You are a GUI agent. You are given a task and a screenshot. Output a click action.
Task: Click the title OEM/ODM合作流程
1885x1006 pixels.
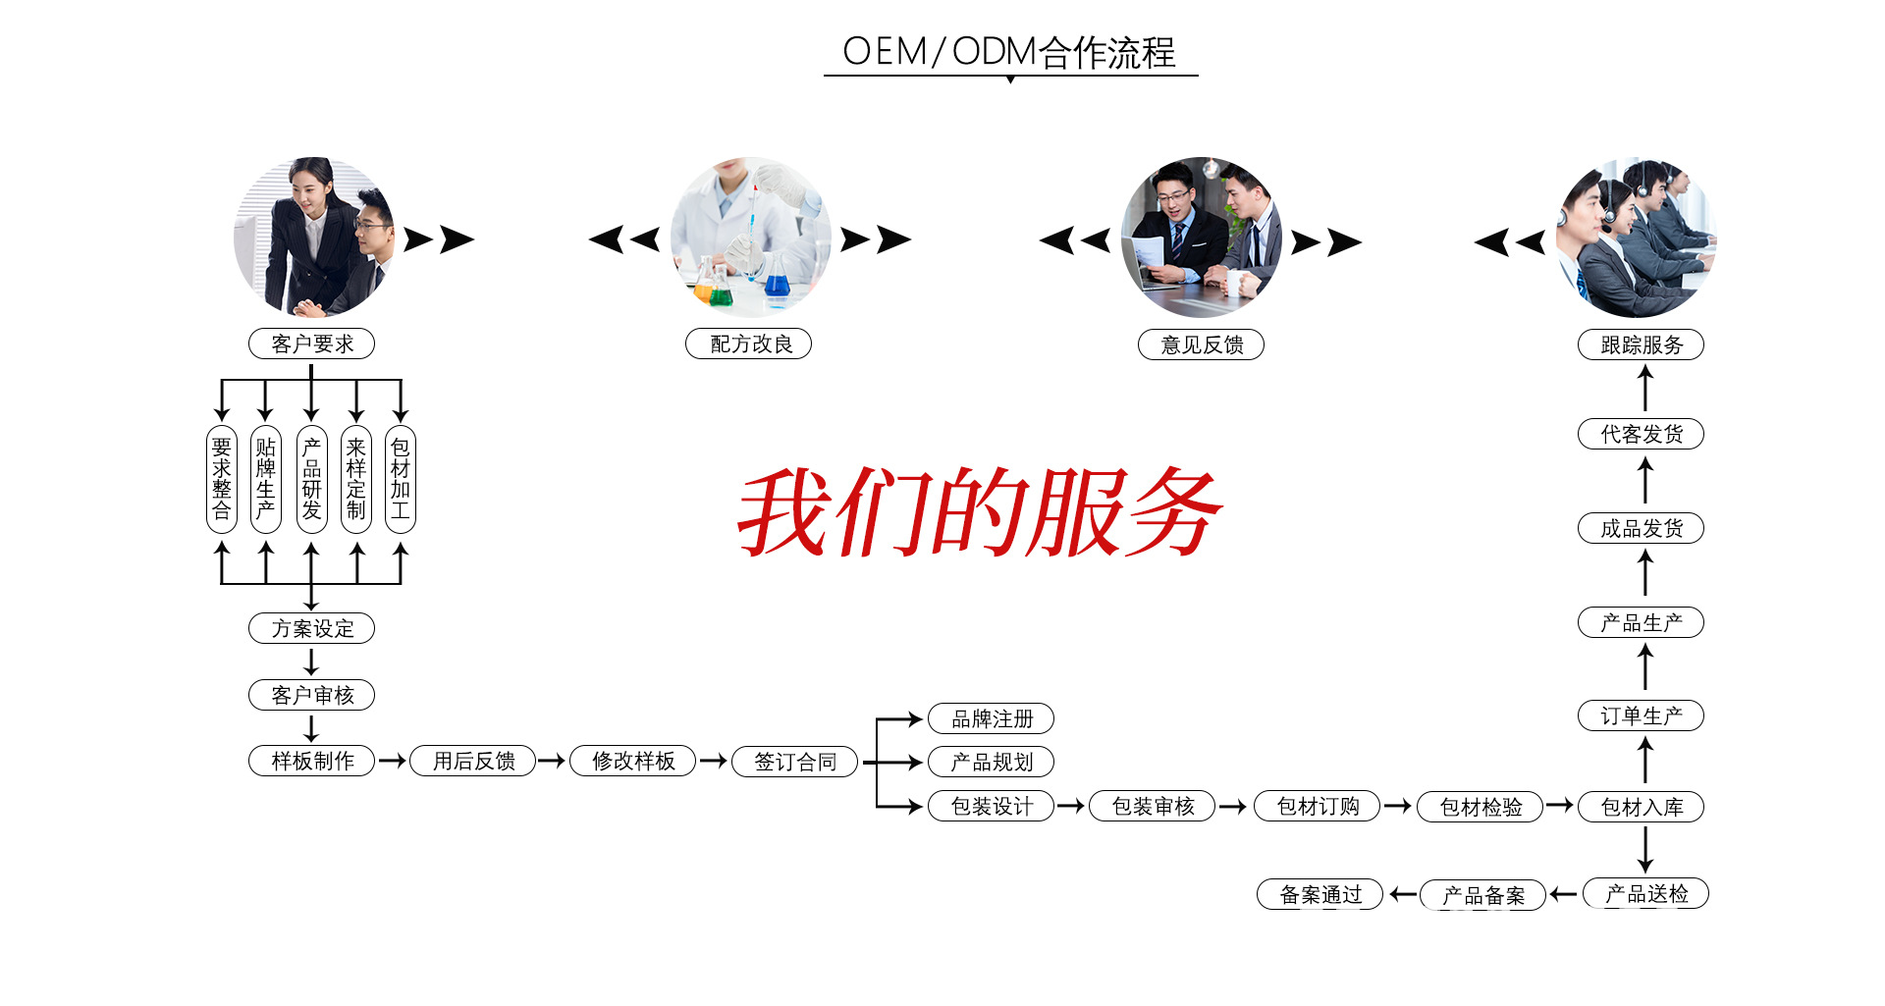click(1009, 52)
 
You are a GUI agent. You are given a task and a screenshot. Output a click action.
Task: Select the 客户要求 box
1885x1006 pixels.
click(311, 344)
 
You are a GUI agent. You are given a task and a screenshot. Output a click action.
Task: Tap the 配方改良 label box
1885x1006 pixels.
click(748, 344)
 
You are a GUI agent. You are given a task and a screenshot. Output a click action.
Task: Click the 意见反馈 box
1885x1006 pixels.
click(1201, 344)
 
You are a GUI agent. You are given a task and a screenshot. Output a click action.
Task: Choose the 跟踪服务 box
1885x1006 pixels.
click(1641, 344)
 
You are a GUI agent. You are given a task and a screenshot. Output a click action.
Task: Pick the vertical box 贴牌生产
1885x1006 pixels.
click(265, 479)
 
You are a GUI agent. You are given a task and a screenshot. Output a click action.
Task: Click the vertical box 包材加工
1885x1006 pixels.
click(400, 479)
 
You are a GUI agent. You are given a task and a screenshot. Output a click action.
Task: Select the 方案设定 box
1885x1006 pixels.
click(311, 628)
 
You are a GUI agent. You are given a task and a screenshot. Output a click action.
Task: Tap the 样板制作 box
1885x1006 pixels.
click(311, 761)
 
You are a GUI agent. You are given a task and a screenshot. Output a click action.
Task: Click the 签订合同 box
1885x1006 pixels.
click(794, 762)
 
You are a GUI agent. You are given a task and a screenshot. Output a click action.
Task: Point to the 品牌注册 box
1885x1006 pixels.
click(991, 718)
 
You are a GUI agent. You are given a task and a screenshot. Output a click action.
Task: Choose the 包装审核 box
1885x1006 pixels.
click(1152, 807)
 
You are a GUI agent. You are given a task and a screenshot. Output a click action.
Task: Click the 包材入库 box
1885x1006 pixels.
click(1641, 807)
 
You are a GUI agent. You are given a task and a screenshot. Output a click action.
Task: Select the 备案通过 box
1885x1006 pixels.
click(1319, 894)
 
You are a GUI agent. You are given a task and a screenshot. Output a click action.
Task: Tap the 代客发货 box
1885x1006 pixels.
click(1641, 434)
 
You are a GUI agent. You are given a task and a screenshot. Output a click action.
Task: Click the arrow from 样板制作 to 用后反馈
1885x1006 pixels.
click(392, 761)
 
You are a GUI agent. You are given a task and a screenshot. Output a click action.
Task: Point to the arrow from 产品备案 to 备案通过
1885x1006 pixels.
click(1402, 894)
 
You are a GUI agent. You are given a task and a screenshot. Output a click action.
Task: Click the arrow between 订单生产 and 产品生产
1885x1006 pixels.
click(1645, 668)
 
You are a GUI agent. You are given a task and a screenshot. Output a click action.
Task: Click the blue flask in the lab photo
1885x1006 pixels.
click(777, 284)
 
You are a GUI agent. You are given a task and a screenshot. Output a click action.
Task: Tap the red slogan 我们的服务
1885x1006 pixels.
click(979, 512)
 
